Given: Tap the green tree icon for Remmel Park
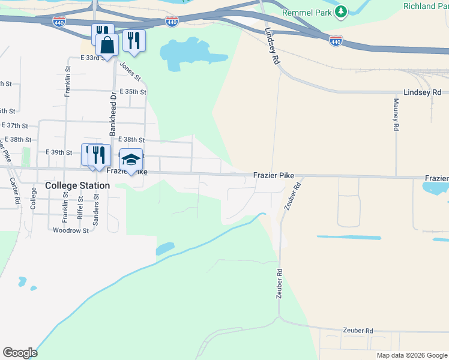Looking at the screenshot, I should (x=341, y=11).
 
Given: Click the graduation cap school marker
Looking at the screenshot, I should (x=131, y=160).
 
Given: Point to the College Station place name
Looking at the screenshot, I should (x=77, y=185).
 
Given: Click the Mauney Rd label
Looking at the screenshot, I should (x=396, y=115).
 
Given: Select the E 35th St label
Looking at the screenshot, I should (x=133, y=92).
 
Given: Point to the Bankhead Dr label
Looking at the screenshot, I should (x=112, y=113).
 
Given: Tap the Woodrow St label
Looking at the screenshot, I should (x=70, y=230).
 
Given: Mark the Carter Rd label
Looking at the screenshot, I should (x=14, y=191).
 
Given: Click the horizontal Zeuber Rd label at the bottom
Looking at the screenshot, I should (x=358, y=331).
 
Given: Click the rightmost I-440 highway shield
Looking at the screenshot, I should (x=336, y=41).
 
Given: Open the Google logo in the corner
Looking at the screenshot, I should (x=20, y=353).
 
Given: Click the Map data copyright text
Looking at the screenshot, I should (x=411, y=355).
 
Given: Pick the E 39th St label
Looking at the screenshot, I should (x=59, y=152).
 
